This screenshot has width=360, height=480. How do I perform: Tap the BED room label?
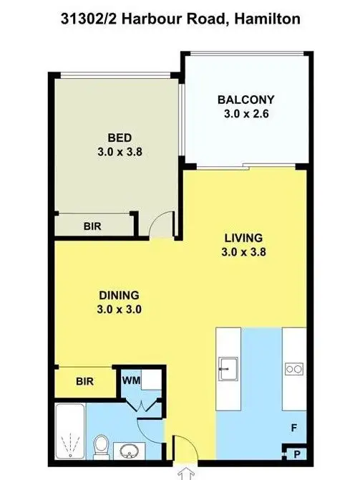(x=120, y=137)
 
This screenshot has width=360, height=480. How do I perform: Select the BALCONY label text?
(x=246, y=100)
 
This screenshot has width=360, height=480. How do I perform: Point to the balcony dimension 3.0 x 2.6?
(x=246, y=113)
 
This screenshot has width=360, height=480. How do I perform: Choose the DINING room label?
(x=120, y=295)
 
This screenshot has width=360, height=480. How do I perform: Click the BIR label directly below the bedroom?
(x=92, y=226)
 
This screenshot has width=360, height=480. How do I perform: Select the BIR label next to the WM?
(x=85, y=382)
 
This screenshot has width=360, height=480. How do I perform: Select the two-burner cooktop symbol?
(x=294, y=370)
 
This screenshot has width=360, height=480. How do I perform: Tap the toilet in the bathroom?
(x=102, y=446)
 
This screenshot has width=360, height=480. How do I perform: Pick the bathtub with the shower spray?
(x=69, y=432)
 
